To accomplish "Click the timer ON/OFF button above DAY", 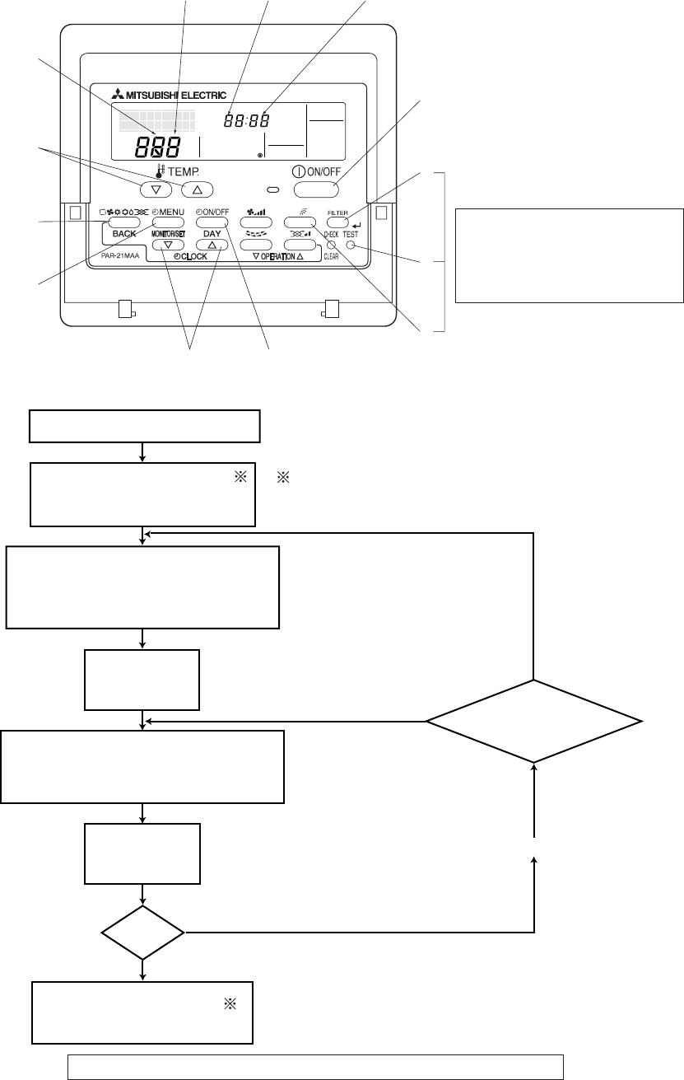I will [x=212, y=222].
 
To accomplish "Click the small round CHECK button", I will [x=331, y=245].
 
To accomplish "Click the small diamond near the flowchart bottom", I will [x=143, y=933].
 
